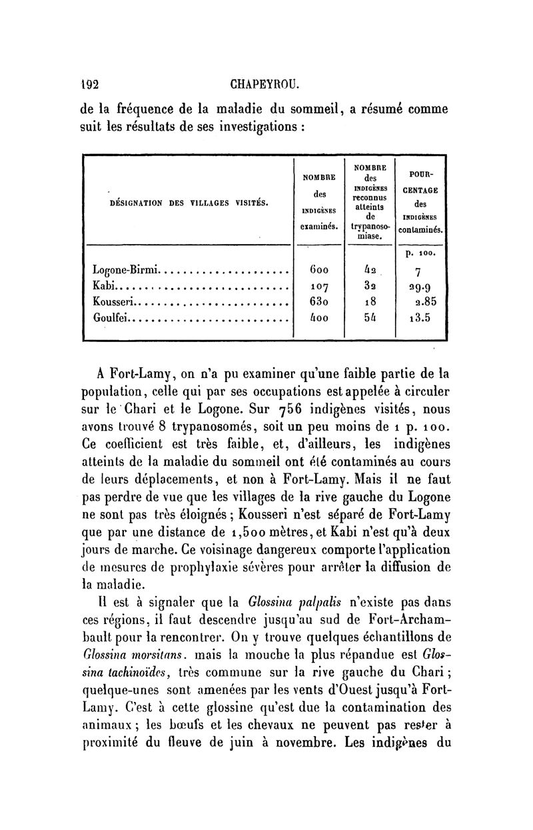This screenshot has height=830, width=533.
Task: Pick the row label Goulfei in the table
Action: coord(110,318)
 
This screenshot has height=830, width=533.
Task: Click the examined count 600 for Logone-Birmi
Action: coord(317,271)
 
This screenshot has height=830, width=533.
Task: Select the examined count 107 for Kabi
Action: coord(317,287)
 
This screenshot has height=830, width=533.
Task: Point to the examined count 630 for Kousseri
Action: coord(317,302)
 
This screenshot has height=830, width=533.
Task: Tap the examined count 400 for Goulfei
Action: coord(317,318)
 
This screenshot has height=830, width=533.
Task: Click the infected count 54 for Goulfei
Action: coord(370,318)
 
